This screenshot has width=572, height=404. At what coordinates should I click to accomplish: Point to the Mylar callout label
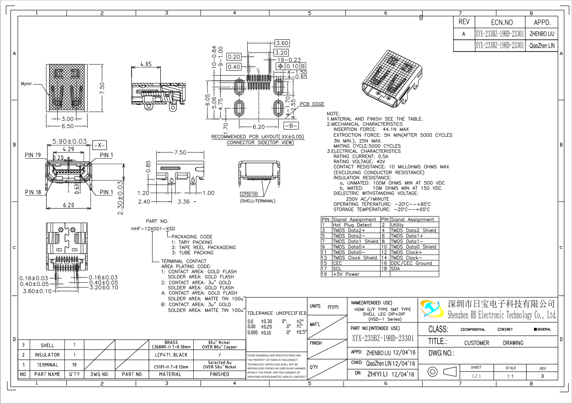point(26,84)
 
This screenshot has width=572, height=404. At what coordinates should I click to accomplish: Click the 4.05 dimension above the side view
point(146,64)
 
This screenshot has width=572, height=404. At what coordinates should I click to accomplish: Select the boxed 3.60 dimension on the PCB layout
point(282,43)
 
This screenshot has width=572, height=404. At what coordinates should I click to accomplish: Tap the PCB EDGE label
point(312,104)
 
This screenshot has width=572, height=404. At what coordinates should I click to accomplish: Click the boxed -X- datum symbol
point(100,145)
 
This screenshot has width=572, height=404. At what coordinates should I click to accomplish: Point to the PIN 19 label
point(33,155)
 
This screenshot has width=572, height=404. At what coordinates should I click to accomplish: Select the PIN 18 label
point(33,192)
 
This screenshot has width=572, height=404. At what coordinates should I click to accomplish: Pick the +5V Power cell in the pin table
point(346,274)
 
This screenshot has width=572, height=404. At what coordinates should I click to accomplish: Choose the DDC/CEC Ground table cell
point(411,263)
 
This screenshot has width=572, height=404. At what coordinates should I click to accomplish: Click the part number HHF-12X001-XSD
point(153,228)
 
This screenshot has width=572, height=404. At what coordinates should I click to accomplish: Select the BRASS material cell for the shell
point(171,344)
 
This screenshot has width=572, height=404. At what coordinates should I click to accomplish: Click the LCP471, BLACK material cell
point(171,355)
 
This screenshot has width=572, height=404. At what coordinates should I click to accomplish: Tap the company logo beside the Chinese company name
point(432,309)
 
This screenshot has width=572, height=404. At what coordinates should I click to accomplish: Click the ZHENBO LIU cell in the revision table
point(541,34)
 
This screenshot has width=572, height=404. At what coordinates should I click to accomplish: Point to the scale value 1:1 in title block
point(510,377)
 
